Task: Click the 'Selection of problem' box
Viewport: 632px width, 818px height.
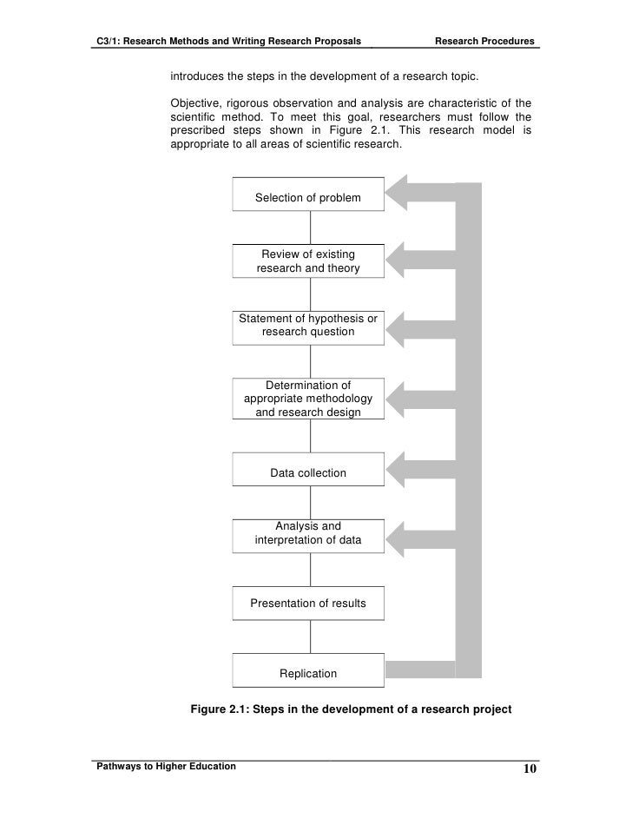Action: tap(308, 197)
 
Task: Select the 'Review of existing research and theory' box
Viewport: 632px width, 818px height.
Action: tap(308, 261)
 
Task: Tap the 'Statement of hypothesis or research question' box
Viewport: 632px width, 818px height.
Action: tap(308, 325)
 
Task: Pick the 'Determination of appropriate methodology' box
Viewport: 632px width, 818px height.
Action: tap(308, 399)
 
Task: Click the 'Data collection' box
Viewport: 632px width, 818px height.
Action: tap(308, 472)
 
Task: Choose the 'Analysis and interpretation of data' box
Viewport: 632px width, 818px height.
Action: tap(308, 533)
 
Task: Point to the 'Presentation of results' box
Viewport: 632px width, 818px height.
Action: tap(308, 603)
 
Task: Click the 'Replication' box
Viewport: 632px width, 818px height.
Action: tap(308, 673)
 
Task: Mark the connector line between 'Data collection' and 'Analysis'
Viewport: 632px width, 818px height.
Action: tap(310, 503)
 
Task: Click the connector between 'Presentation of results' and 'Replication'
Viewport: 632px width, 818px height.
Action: tap(310, 637)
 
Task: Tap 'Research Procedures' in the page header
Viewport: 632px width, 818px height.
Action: tap(484, 42)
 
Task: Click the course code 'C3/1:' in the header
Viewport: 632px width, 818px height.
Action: tap(108, 42)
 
